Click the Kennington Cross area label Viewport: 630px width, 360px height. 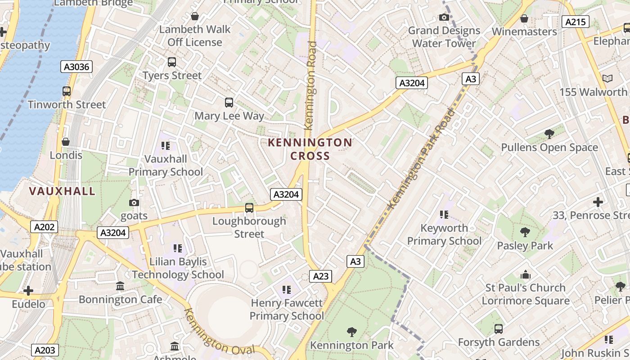310,149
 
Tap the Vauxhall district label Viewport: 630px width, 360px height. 62,191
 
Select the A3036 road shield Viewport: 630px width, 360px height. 76,67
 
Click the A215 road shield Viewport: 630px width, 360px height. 576,22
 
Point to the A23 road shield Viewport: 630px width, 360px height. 321,276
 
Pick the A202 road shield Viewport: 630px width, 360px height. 45,227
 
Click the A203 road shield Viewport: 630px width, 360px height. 45,350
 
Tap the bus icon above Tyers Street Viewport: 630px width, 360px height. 171,62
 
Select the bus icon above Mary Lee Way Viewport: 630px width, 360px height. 229,103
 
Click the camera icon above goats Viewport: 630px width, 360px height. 134,203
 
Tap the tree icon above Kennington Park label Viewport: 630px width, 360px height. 352,332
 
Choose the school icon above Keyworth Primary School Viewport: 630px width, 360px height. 444,215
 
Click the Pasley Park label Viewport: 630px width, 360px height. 525,246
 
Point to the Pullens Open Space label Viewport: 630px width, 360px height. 549,148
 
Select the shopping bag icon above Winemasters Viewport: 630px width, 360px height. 524,18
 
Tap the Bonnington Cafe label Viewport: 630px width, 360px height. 120,299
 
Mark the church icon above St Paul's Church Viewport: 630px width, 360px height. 525,274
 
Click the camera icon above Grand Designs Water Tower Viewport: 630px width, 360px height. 444,18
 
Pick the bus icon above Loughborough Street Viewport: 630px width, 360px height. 249,208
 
